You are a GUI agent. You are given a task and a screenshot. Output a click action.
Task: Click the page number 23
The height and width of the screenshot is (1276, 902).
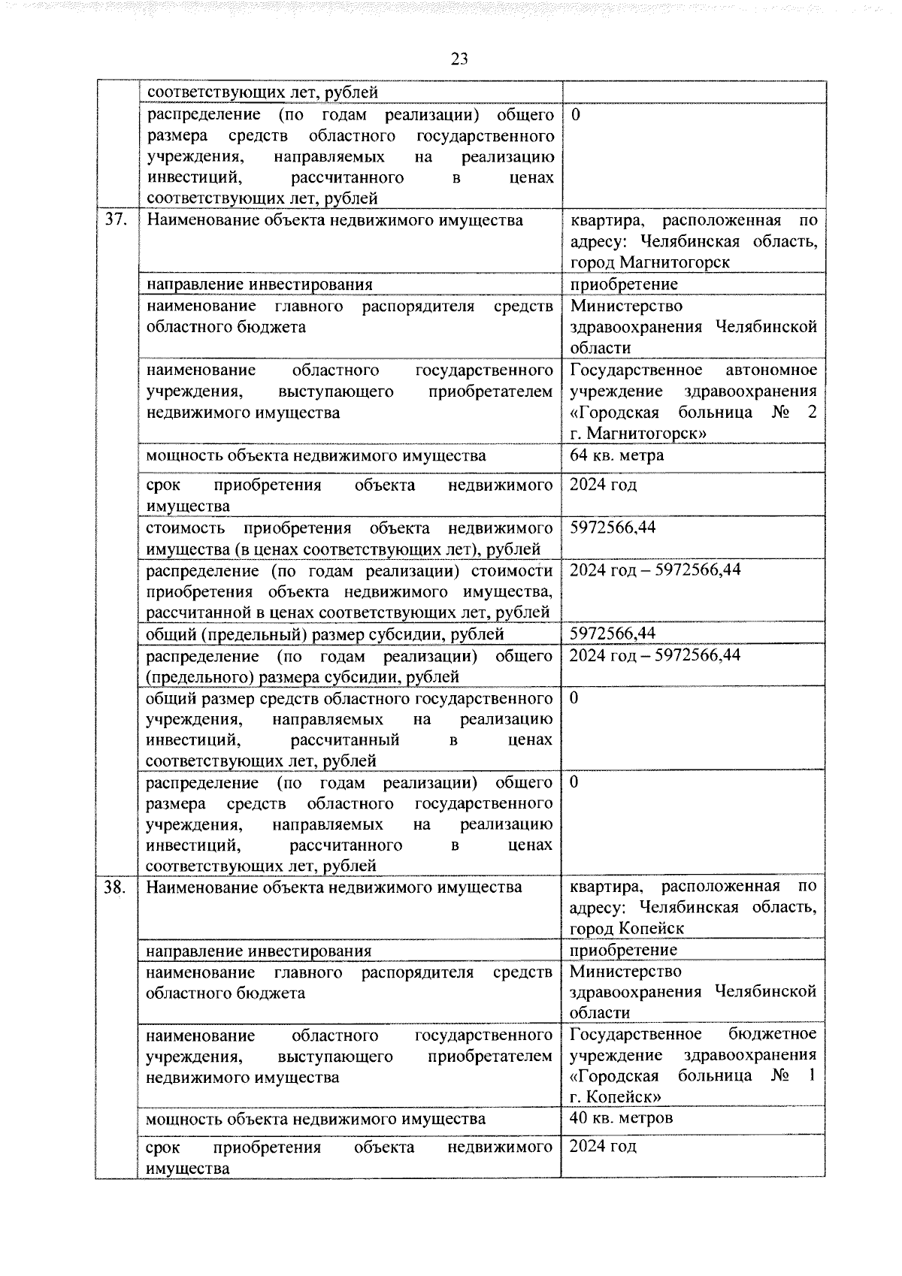[459, 59]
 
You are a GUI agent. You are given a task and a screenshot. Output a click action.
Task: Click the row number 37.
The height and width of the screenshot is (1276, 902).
[115, 220]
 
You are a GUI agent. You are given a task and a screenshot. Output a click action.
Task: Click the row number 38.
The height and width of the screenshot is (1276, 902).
[115, 887]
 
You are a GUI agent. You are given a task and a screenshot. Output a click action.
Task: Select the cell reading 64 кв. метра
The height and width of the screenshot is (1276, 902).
[616, 455]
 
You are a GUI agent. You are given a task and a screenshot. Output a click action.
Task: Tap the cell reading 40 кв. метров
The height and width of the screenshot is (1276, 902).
[621, 1117]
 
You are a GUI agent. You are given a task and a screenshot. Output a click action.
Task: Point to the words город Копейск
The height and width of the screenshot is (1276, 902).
[627, 929]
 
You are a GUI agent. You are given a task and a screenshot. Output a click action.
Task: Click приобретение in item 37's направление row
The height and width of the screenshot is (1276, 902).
[624, 284]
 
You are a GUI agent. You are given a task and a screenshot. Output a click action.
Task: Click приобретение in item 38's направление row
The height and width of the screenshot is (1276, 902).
[623, 950]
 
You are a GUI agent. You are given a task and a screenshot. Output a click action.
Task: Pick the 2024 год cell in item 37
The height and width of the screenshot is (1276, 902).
[603, 485]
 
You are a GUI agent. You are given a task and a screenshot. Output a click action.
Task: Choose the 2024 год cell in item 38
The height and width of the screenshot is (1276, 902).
[603, 1147]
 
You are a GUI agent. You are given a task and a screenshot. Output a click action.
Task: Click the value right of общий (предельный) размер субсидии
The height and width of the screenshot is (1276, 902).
[613, 633]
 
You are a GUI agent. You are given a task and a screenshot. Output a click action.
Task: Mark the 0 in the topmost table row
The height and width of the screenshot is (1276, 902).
[576, 115]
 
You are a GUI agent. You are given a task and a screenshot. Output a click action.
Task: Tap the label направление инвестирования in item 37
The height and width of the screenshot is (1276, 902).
[259, 285]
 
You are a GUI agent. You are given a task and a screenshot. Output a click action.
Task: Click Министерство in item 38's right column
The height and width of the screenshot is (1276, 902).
[626, 972]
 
